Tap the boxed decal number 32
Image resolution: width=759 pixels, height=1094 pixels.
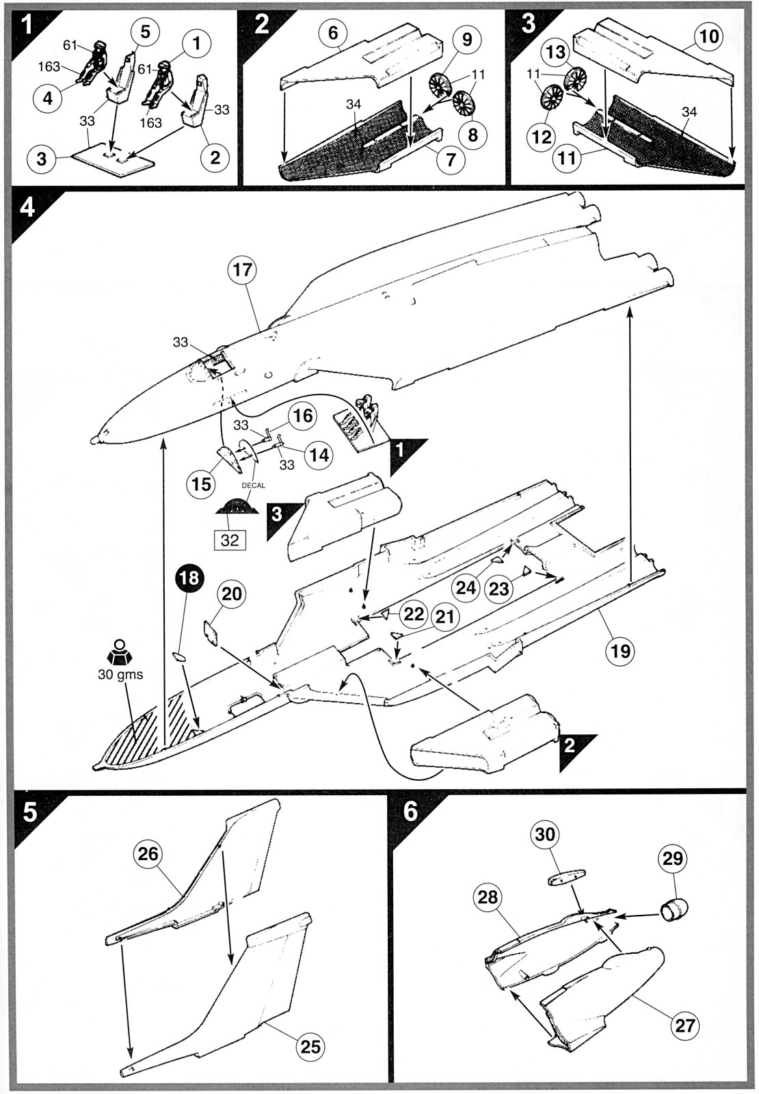click(x=230, y=540)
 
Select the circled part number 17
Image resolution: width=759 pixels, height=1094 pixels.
click(x=243, y=270)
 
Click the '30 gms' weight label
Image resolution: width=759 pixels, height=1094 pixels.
click(x=120, y=674)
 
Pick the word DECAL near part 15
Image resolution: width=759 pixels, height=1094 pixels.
click(x=254, y=485)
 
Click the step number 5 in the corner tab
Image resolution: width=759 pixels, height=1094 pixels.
click(x=30, y=812)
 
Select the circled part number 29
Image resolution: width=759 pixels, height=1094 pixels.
click(x=673, y=858)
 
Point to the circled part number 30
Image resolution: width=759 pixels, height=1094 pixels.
click(x=544, y=833)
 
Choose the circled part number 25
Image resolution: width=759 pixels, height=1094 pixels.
click(x=310, y=1046)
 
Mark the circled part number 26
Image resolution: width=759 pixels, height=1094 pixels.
click(x=148, y=854)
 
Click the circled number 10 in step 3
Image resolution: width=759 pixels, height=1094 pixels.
click(x=708, y=36)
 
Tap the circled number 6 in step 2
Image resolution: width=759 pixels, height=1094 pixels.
click(x=333, y=33)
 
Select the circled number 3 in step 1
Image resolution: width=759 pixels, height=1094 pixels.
click(x=42, y=159)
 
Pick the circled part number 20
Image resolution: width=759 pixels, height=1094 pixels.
click(x=232, y=594)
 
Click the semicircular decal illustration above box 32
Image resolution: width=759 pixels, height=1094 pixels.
click(x=237, y=507)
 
